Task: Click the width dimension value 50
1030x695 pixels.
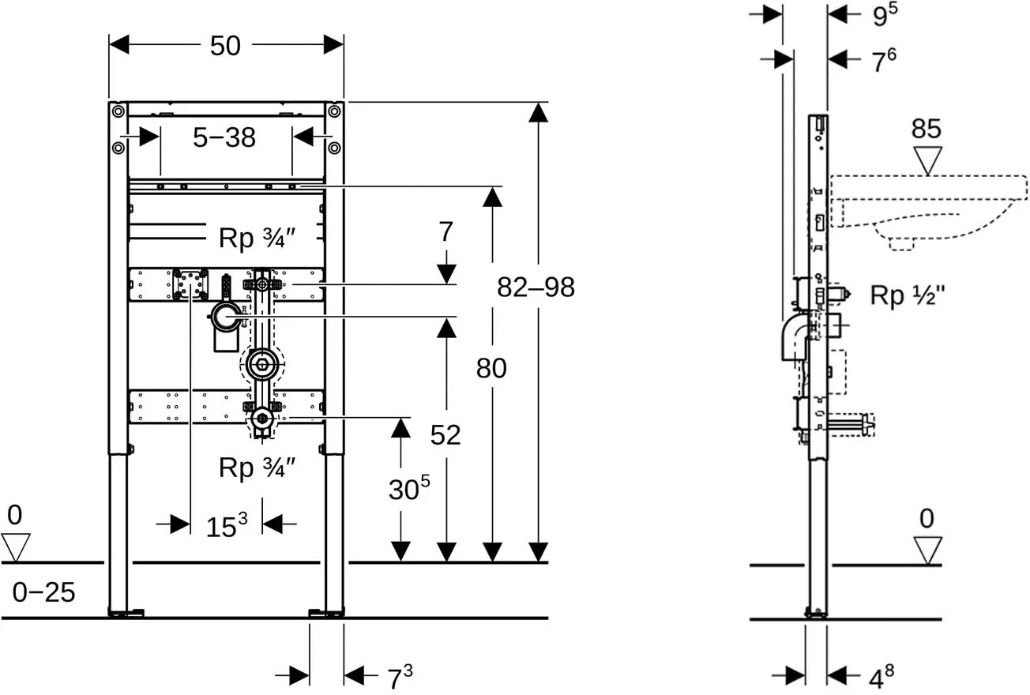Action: coord(225,46)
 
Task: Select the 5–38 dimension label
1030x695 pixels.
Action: coord(224,137)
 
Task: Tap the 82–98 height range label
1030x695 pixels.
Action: coord(536,287)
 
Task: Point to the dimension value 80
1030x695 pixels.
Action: coord(491,368)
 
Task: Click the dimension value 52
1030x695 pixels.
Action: coord(445,435)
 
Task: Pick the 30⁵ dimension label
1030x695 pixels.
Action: coord(409,488)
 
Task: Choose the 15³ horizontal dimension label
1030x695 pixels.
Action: coord(226,525)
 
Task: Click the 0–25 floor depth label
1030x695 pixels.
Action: coord(43,592)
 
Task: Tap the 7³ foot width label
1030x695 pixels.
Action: coord(400,677)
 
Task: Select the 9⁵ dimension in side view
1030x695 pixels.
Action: coord(885,15)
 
